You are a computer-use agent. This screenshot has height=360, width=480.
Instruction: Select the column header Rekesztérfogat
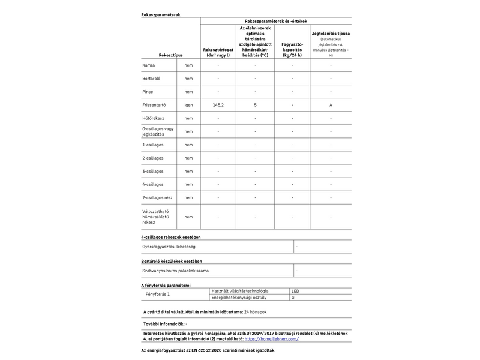click(x=218, y=52)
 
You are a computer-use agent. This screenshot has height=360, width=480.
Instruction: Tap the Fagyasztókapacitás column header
click(x=292, y=50)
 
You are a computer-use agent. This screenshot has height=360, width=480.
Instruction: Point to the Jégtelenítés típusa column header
click(x=331, y=34)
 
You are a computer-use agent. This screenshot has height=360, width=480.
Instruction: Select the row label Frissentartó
click(x=154, y=104)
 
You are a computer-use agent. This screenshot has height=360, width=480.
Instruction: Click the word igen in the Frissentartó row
click(x=188, y=104)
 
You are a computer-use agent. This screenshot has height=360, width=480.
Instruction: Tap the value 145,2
click(x=218, y=104)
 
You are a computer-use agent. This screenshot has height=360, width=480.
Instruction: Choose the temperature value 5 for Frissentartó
click(x=255, y=104)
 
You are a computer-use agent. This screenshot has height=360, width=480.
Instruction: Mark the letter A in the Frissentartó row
click(x=331, y=104)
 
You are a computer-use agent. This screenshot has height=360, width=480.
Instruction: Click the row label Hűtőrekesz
click(x=154, y=118)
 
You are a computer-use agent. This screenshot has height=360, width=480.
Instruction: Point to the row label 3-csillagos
click(x=153, y=171)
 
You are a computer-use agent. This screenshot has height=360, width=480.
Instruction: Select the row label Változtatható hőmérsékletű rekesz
click(x=158, y=217)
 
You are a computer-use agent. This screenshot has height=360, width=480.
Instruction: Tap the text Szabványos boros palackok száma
click(x=176, y=271)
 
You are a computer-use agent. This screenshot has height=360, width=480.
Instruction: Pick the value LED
click(x=295, y=291)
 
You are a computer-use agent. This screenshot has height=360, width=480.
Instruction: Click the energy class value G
click(x=293, y=298)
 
